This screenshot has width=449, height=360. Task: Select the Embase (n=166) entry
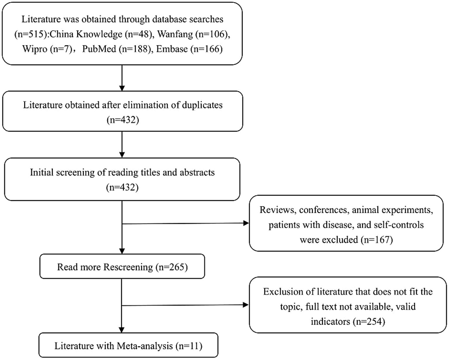coord(189,49)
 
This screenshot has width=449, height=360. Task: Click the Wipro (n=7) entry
coord(47,49)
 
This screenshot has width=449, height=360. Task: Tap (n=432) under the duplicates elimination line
coord(123,120)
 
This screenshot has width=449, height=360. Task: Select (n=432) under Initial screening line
coord(122,187)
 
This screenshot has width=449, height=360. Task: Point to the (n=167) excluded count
coord(376,240)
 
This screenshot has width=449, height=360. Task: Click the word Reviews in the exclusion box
coord(278,210)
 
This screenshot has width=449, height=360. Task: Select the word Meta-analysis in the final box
coord(145,346)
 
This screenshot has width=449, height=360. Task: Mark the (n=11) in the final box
coord(189,346)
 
